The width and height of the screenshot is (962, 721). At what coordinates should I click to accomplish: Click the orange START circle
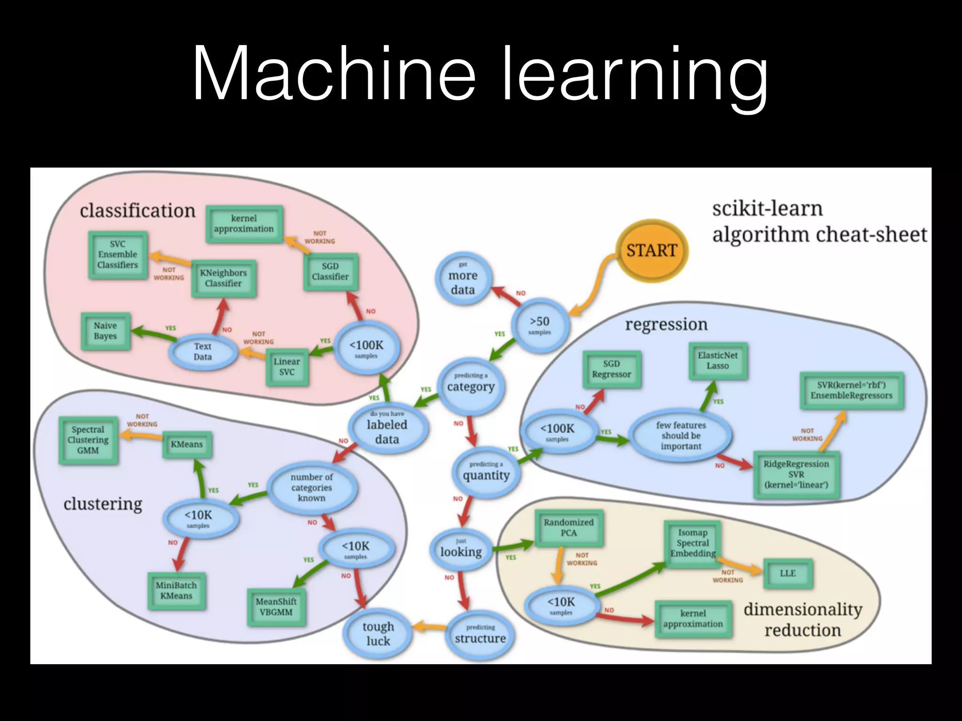point(652,251)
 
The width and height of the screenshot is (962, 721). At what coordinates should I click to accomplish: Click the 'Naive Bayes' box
point(105,331)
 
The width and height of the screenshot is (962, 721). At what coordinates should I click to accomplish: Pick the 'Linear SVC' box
point(287,367)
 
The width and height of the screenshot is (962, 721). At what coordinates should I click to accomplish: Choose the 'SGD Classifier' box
point(330,271)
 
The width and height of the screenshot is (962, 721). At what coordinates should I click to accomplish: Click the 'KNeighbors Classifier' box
point(224,278)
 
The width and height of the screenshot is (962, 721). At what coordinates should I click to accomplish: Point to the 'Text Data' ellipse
point(203,352)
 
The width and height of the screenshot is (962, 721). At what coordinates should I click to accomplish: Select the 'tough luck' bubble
point(378,634)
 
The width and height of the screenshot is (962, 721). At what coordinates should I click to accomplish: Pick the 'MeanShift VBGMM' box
point(276,607)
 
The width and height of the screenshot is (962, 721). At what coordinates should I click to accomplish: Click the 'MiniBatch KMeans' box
point(176,591)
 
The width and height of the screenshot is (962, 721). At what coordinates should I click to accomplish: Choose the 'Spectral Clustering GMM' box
point(88,440)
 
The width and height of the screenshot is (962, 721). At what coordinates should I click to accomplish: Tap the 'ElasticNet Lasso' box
point(718,360)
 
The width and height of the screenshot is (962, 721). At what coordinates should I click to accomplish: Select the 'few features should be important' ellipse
point(681,436)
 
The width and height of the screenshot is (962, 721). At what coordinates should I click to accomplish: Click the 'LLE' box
point(788,573)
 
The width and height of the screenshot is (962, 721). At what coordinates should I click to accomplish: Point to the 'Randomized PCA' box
point(569,528)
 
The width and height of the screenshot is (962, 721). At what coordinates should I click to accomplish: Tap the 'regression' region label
point(666,324)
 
